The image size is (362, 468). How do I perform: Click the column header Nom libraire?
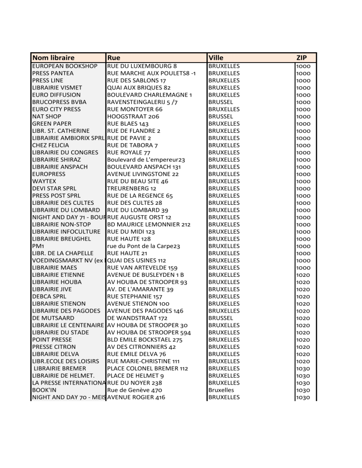pyautogui.click(x=53, y=57)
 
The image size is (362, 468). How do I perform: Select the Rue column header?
pyautogui.click(x=114, y=57)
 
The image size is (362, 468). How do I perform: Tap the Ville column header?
pyautogui.click(x=216, y=57)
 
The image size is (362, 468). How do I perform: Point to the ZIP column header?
pyautogui.click(x=302, y=57)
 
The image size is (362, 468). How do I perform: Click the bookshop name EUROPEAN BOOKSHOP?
pyautogui.click(x=65, y=66)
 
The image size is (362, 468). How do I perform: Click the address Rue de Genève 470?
pyautogui.click(x=135, y=390)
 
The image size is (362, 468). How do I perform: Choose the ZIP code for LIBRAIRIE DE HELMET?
pyautogui.click(x=303, y=376)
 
